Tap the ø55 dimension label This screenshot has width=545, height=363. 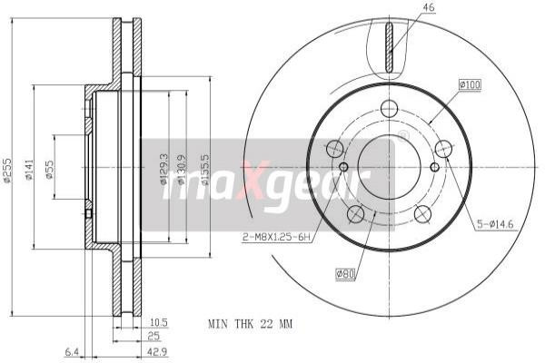pos(50,169)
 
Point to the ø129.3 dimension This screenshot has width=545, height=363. pos(164,169)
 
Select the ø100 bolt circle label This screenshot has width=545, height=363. pos(470,84)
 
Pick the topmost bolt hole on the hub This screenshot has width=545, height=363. pos(389,108)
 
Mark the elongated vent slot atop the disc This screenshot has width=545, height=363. pos(389,50)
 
